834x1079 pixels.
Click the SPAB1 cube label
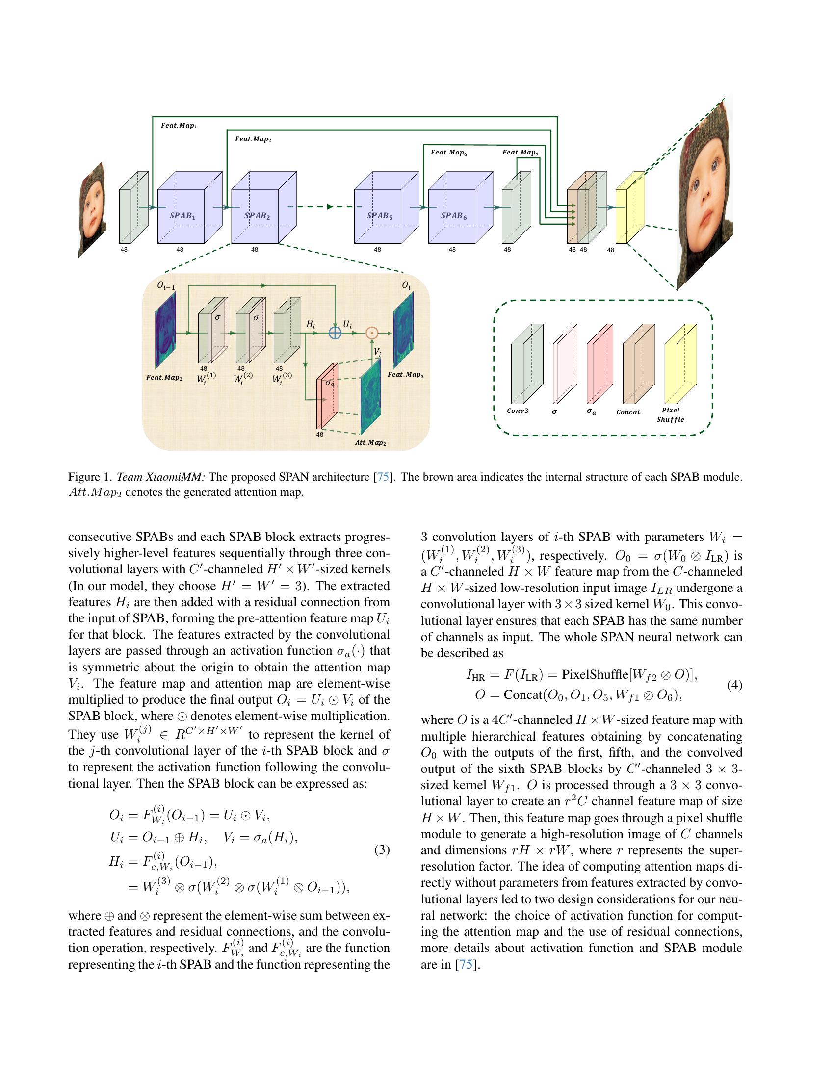coord(182,216)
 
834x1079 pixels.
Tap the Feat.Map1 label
coord(179,126)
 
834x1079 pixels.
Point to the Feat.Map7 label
coord(520,153)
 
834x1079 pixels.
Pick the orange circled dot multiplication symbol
coord(371,333)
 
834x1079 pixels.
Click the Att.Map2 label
coord(370,443)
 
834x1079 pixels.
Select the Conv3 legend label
coord(517,411)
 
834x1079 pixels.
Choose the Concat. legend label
coord(628,412)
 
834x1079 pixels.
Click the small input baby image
coord(92,209)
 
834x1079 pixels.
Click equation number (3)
coord(381,850)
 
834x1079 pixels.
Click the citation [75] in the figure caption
coord(384,477)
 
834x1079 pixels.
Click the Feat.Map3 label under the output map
coord(405,375)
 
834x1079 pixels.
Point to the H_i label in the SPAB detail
coord(310,325)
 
